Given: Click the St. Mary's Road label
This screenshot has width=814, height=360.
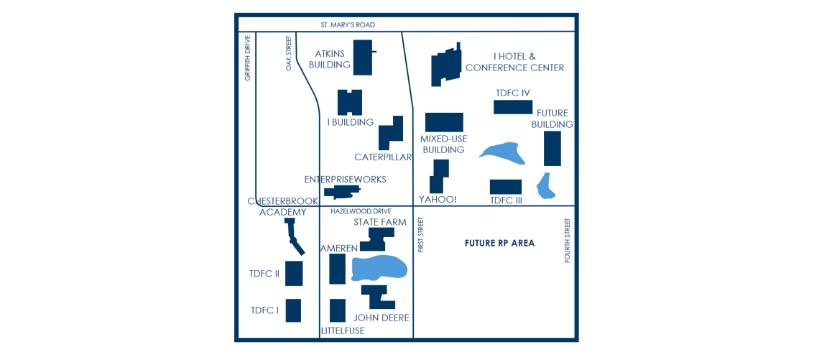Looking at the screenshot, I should pos(348,25).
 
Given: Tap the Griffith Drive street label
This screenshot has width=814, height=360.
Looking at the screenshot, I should pos(247,57).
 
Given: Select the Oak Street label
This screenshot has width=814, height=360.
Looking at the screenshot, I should pos(289,53).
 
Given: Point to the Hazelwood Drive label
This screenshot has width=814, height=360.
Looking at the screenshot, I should pos(361,211).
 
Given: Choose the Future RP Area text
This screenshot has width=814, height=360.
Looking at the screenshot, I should pos(499,244).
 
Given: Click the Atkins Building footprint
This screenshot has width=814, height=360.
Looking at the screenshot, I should pos(363,57).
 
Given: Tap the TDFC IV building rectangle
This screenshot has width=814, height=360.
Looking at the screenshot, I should pos(512,107).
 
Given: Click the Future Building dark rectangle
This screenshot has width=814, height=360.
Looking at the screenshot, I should pos(552,148).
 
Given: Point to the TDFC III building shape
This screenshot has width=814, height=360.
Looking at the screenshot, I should pos(505,187).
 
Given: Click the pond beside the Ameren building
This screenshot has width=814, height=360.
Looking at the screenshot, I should pos(379,268).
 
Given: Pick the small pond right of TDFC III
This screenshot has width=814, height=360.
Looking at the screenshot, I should pos(546,185).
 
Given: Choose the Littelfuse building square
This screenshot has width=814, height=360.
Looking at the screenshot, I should pos(338,310).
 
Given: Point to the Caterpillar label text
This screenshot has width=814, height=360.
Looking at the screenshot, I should pos(383,157).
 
